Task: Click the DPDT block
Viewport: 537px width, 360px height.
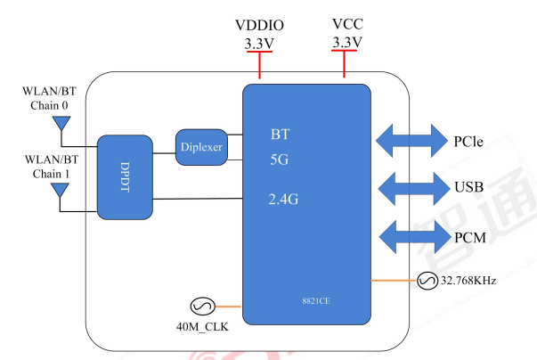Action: (125, 177)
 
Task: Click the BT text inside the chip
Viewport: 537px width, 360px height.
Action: (281, 135)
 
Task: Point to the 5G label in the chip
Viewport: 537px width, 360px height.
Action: (281, 160)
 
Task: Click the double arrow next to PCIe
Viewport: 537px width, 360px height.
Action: (411, 140)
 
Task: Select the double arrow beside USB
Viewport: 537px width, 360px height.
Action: (411, 188)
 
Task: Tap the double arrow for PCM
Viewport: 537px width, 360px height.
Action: (411, 236)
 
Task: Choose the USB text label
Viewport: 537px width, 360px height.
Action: (469, 188)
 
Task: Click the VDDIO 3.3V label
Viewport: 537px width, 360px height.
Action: (258, 34)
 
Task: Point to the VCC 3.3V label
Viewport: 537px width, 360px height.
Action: (346, 34)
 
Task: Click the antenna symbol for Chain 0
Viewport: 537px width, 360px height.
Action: (61, 123)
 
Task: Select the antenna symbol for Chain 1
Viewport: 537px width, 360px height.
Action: (61, 190)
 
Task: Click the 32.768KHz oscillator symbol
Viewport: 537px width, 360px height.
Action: (426, 281)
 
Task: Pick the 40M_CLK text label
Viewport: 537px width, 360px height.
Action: (202, 328)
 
